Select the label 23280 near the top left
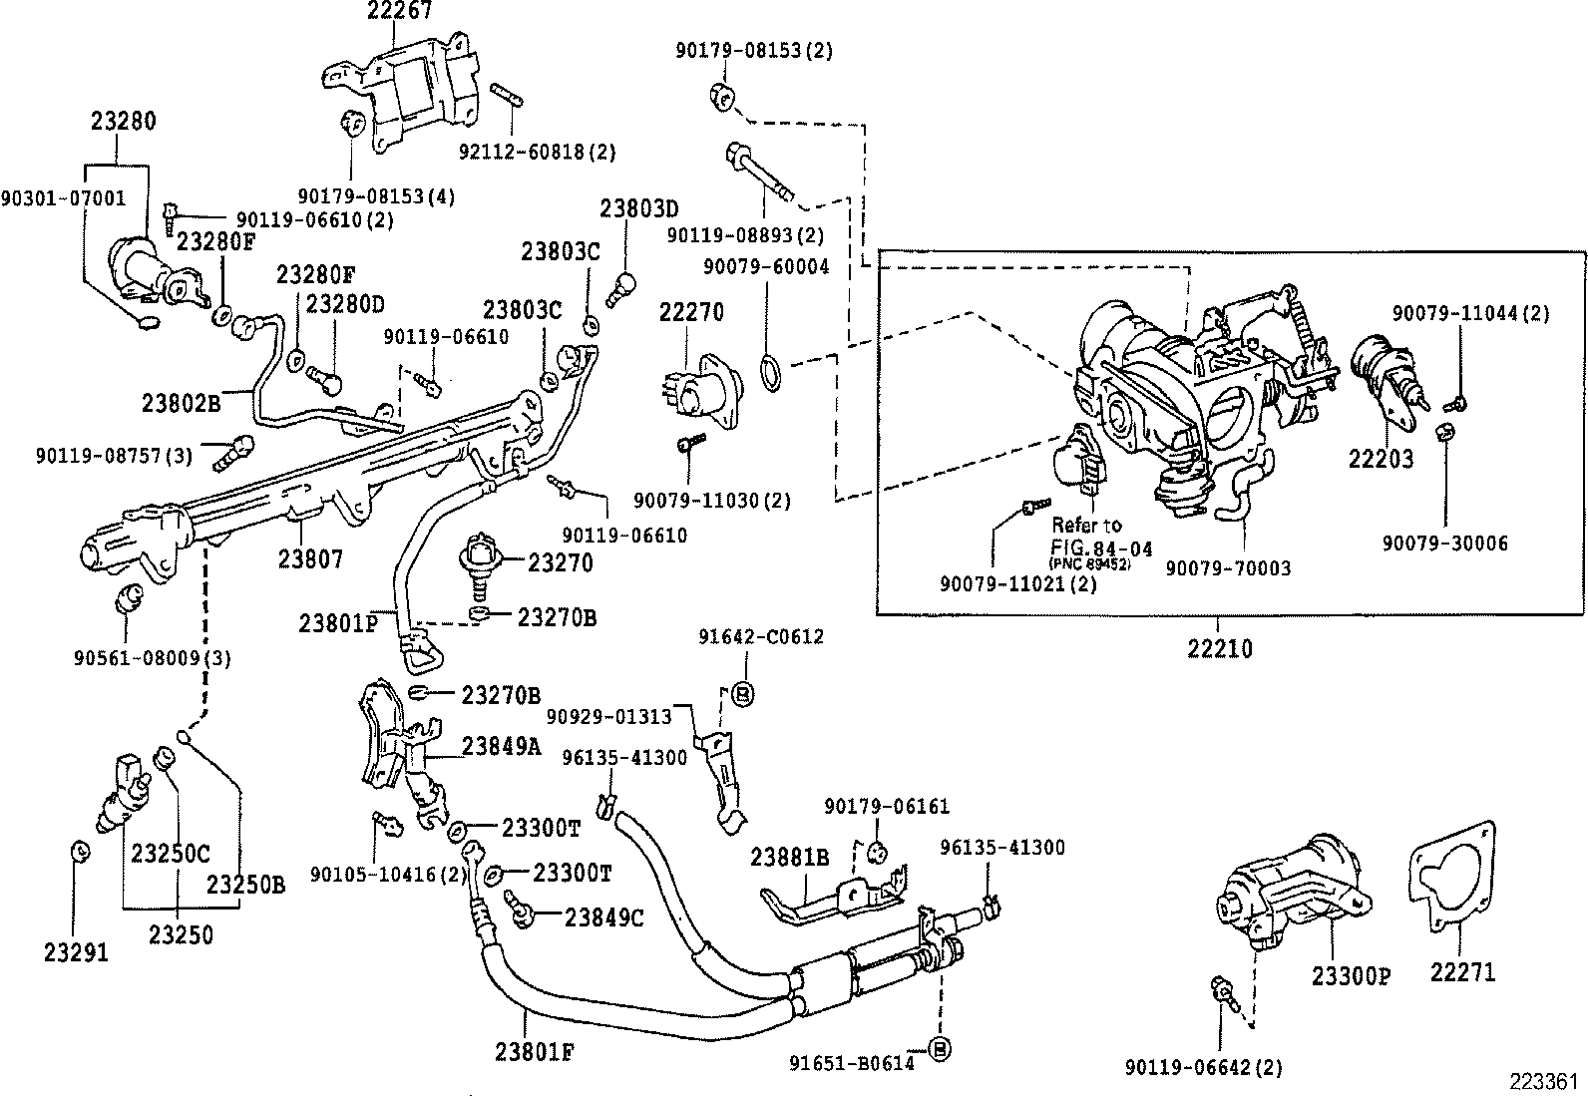[x=124, y=122]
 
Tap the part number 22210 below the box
[x=1220, y=648]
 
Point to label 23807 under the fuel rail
[x=310, y=558]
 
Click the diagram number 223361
[x=1543, y=1082]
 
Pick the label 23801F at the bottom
[x=534, y=1051]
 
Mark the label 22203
[x=1381, y=459]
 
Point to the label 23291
[x=76, y=951]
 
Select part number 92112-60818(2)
[x=537, y=152]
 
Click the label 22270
[x=691, y=312]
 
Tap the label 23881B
[x=790, y=857]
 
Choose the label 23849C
[x=603, y=916]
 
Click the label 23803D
[x=638, y=208]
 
